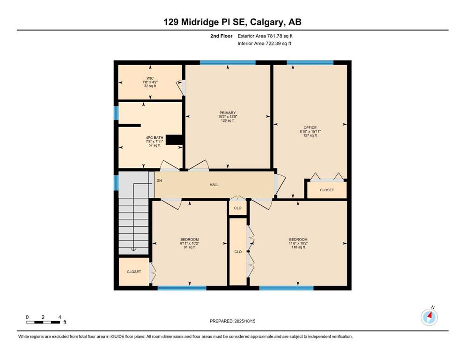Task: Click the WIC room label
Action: click(150, 78)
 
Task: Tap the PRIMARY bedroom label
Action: click(228, 113)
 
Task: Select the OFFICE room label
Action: click(310, 127)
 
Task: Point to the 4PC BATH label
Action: click(155, 138)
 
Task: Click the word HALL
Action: click(214, 185)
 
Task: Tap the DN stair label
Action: click(159, 180)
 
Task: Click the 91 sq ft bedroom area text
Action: click(190, 247)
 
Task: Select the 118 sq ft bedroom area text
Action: click(298, 247)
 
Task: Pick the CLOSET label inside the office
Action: click(327, 190)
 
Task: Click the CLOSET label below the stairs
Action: click(134, 272)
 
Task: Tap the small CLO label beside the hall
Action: click(238, 208)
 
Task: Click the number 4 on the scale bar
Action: click(59, 317)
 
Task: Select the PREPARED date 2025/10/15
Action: click(245, 321)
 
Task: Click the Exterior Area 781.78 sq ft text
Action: click(265, 36)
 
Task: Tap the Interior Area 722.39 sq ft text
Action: click(264, 43)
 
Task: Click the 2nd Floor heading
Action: click(221, 36)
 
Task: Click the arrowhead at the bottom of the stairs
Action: click(133, 249)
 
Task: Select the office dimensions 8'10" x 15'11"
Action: click(310, 131)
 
